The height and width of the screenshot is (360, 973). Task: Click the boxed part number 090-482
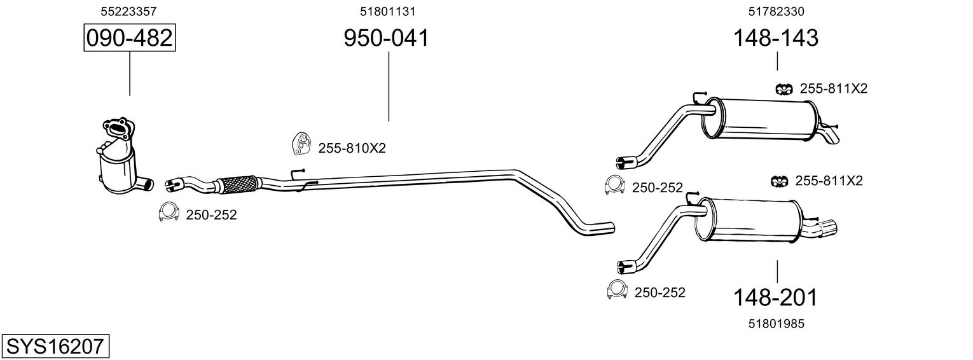pos(129,38)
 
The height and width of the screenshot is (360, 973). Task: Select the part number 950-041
pos(386,38)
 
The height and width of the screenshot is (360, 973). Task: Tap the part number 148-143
pos(776,38)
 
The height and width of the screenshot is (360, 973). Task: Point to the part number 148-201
pos(775,297)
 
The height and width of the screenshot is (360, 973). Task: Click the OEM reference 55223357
pos(129,11)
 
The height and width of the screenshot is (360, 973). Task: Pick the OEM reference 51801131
pos(388,11)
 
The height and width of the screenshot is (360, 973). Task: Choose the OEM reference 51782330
pos(776,11)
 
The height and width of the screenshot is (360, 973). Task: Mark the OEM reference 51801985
pos(776,323)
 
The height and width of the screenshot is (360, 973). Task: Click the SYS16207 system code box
pos(55,347)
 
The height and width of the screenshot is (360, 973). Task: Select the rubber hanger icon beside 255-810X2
pos(300,144)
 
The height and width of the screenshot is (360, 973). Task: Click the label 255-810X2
pos(352,148)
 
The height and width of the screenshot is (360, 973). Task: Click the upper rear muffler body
pos(760,118)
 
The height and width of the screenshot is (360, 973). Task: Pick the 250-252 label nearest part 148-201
pos(659,293)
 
